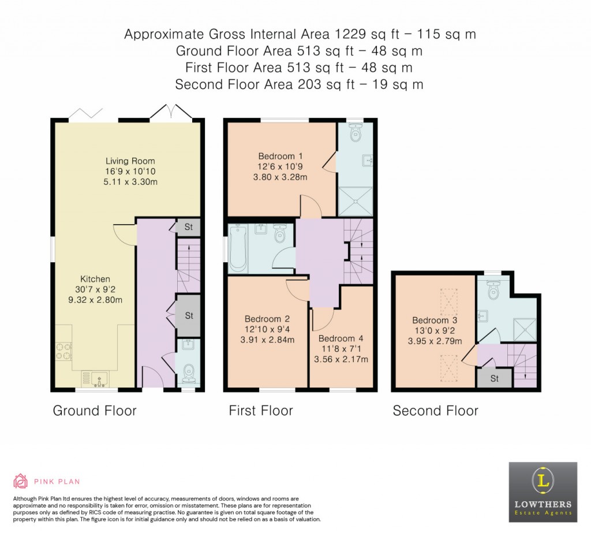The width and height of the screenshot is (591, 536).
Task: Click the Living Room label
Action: point(130,161)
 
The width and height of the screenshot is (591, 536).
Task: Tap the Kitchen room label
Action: point(96,279)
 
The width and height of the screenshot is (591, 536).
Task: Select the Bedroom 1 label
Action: point(280,156)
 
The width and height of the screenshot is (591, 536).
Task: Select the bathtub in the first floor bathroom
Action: point(238,249)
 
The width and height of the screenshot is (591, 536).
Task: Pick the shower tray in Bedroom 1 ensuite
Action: point(356,201)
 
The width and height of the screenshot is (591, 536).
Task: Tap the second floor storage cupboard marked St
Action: point(494,379)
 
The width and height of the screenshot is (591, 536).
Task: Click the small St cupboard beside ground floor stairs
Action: point(188,227)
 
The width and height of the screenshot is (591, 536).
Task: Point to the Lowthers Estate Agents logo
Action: point(543,492)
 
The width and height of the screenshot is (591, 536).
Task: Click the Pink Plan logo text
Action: point(57,481)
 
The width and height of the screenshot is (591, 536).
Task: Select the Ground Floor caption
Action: point(95,411)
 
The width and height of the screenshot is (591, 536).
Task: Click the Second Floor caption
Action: point(435,411)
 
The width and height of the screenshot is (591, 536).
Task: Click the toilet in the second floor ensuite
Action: point(492,290)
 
